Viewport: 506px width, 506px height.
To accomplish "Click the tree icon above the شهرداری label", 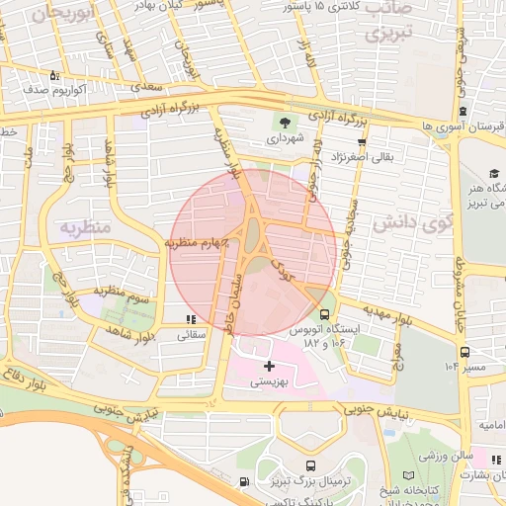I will (286, 124).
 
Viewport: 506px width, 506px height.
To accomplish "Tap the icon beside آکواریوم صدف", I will (54, 75).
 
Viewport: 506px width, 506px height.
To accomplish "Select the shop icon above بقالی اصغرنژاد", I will (362, 141).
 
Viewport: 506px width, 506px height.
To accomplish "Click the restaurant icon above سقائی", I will (190, 319).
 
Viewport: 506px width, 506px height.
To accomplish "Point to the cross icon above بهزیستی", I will (269, 367).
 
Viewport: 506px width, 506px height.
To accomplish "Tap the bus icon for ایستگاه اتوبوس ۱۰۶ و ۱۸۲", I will (325, 314).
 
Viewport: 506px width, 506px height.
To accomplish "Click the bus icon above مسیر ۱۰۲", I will (464, 351).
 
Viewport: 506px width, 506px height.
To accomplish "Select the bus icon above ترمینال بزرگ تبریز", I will (310, 465).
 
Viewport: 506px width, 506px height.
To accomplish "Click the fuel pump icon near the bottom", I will (244, 481).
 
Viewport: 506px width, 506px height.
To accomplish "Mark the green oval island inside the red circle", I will (253, 234).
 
